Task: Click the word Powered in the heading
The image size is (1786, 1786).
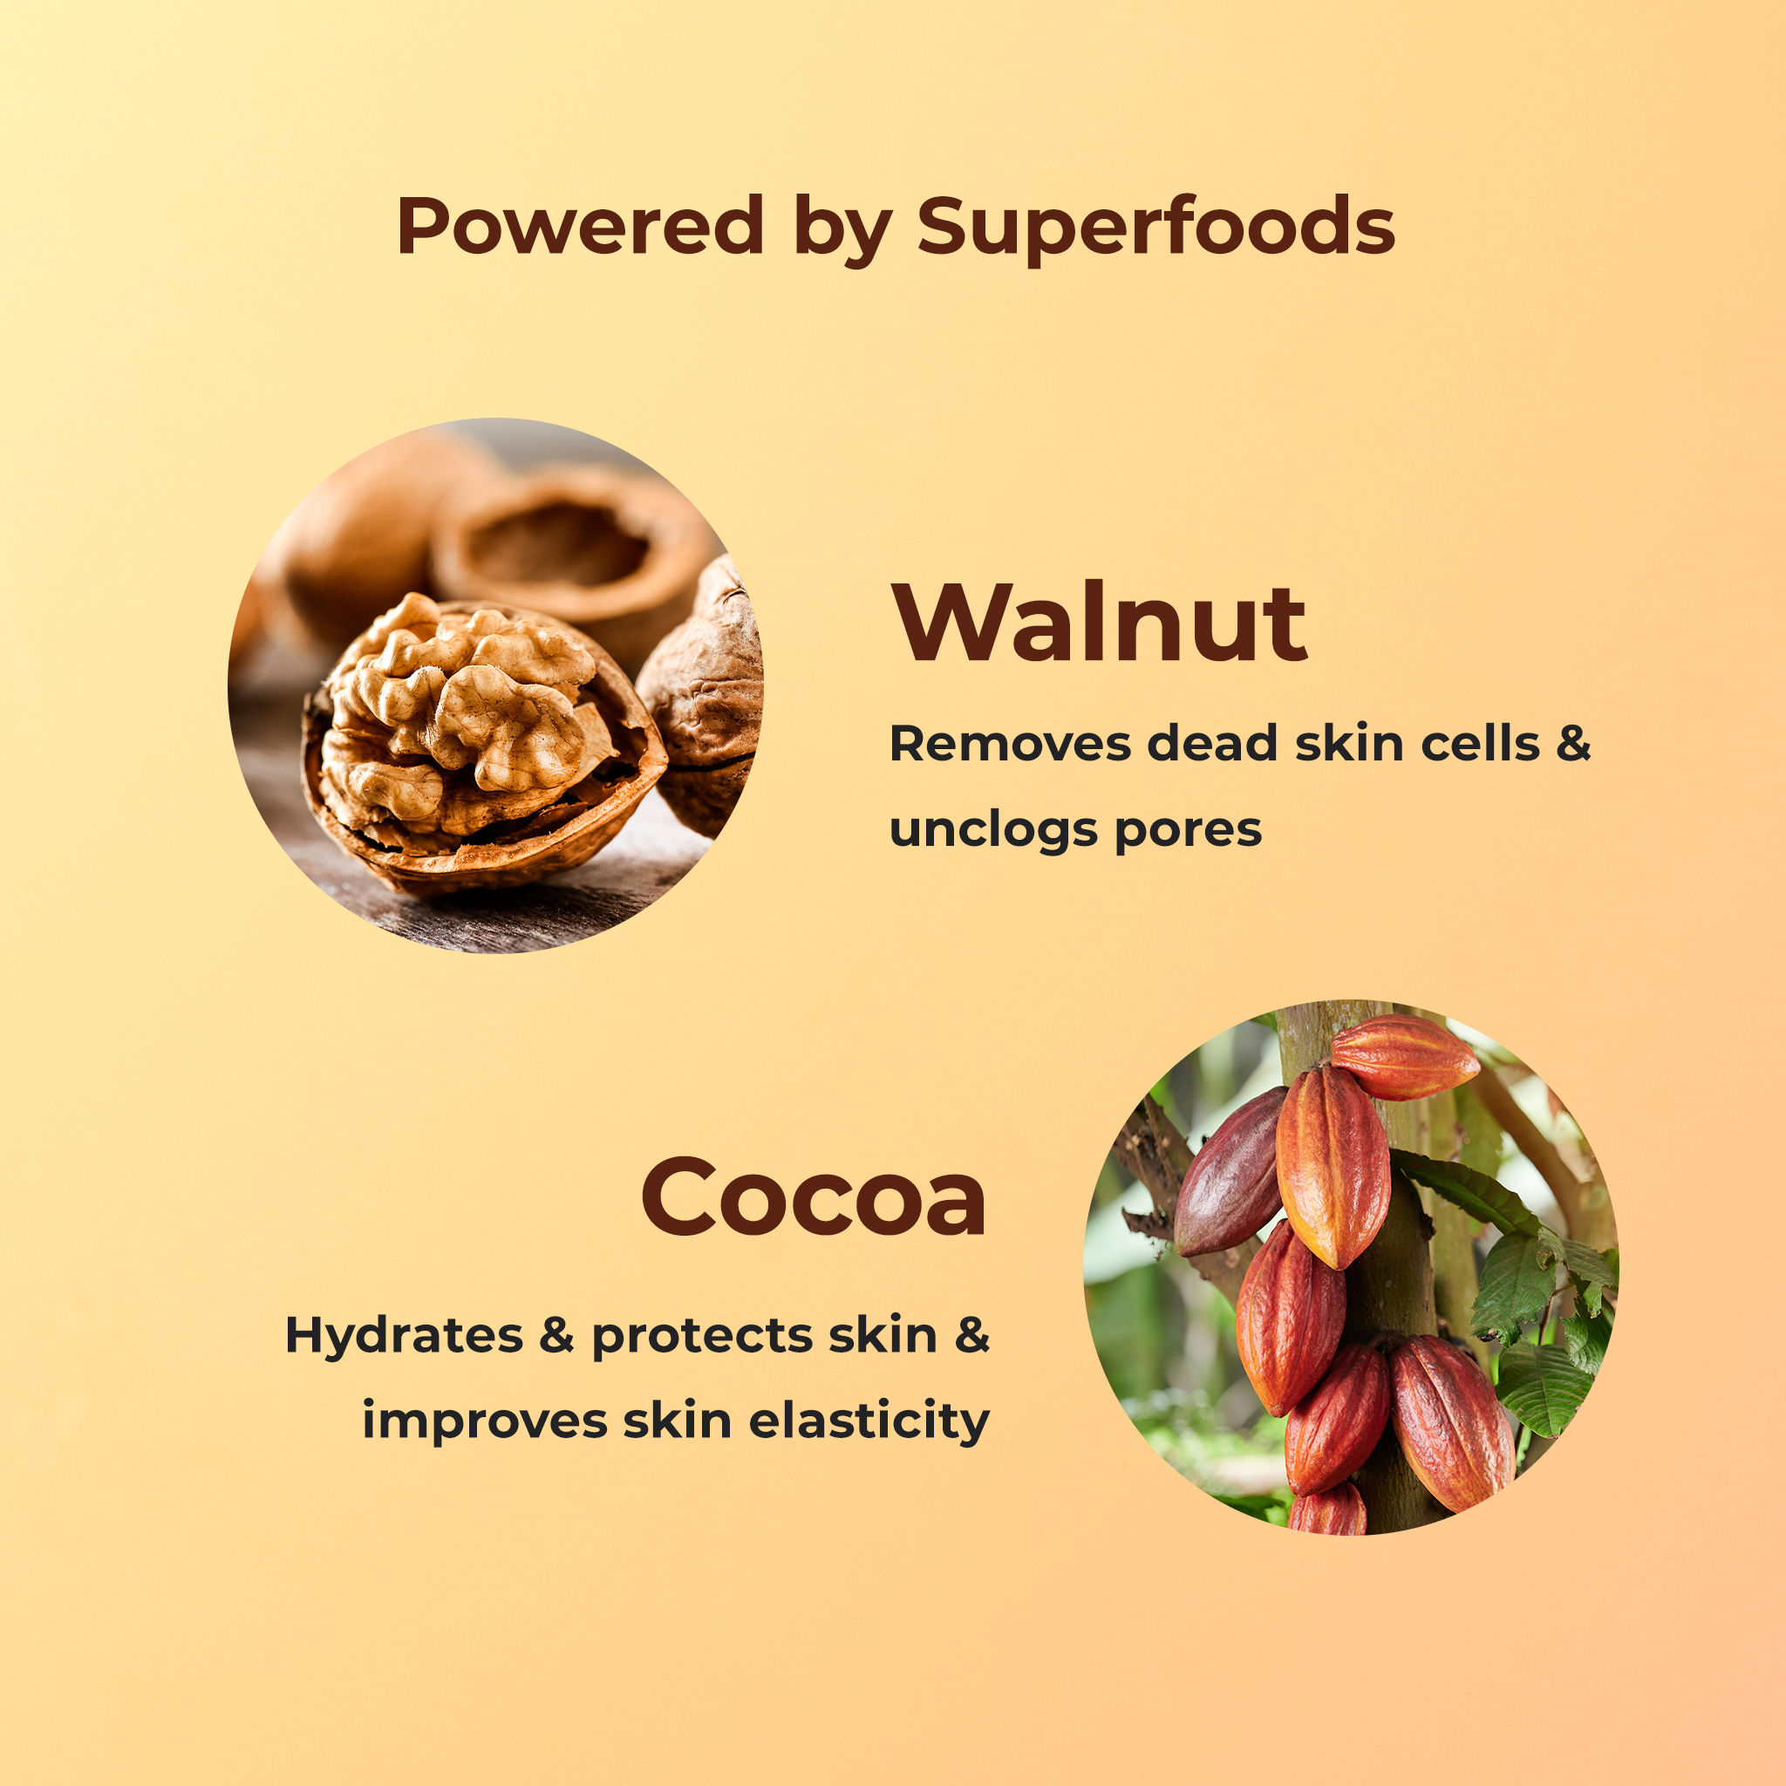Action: (580, 226)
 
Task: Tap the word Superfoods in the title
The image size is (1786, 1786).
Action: (1155, 228)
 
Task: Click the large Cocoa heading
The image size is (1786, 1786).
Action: (814, 1197)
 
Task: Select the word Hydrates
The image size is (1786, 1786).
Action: (404, 1336)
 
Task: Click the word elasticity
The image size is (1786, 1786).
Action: (869, 1421)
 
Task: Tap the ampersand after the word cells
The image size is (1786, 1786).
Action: (1572, 744)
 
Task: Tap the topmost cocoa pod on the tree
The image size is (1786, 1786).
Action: (1401, 1056)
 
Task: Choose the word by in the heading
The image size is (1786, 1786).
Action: (842, 228)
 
